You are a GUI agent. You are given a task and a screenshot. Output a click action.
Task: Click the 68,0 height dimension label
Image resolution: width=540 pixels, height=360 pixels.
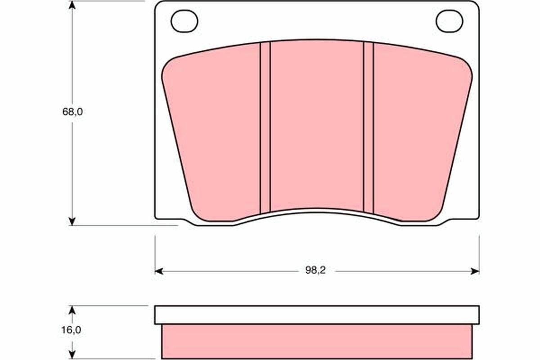coord(72,112)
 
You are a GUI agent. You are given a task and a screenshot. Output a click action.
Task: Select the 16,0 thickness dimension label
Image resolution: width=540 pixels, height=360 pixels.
coord(72,330)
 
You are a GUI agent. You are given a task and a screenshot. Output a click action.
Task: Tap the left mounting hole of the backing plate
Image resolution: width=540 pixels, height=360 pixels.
coord(184,21)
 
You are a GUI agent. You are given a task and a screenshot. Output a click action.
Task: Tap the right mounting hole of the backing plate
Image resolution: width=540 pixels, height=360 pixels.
coord(450,21)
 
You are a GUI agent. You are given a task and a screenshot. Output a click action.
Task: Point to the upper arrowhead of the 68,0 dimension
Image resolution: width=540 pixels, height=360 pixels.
coord(72,5)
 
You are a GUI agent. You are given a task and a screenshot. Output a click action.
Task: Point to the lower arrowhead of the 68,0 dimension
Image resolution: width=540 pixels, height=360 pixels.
coord(72,220)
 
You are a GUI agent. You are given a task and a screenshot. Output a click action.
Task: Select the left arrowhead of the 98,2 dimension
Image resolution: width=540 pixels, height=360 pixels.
coord(158,271)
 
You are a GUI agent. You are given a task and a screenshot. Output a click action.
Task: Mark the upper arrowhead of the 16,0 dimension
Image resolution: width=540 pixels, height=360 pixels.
coord(72,310)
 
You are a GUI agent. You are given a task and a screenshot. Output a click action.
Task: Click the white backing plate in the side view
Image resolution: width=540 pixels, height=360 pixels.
coord(317,315)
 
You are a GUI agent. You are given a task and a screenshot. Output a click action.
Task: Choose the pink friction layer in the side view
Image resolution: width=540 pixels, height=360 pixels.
coord(317,341)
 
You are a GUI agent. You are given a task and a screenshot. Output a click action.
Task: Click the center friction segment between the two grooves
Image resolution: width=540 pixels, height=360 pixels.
coord(317,126)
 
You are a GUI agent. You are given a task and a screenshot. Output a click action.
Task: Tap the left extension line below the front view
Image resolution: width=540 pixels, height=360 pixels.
coord(155,252)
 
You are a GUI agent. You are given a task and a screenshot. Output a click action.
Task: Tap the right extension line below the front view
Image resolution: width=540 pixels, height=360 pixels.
coord(479,252)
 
